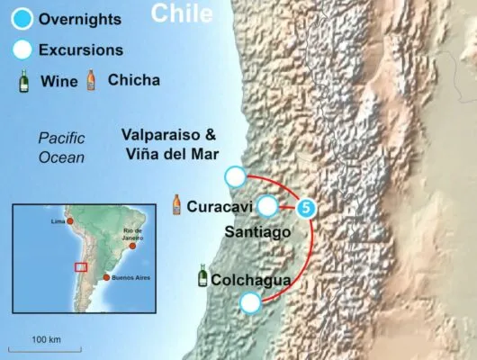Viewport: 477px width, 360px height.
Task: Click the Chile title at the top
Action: click(182, 13)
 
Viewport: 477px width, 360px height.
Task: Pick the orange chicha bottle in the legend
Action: click(90, 81)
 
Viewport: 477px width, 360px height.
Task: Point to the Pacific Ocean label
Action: click(61, 148)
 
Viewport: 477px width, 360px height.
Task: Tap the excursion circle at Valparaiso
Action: click(235, 175)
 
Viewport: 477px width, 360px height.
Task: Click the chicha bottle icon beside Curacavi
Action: click(178, 204)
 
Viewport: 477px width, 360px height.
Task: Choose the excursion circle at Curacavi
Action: click(266, 207)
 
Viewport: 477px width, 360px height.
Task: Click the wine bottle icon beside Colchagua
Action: click(202, 277)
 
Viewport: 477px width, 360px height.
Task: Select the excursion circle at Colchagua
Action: click(250, 303)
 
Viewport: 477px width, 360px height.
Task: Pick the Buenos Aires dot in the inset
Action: click(107, 278)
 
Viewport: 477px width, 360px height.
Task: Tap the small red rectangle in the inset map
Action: click(81, 265)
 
